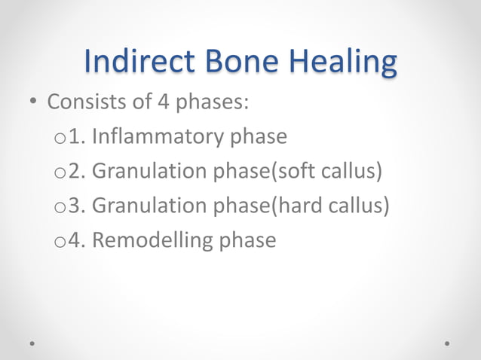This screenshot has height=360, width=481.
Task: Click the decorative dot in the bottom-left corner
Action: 33,342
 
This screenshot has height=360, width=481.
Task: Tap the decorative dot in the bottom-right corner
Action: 447,342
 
